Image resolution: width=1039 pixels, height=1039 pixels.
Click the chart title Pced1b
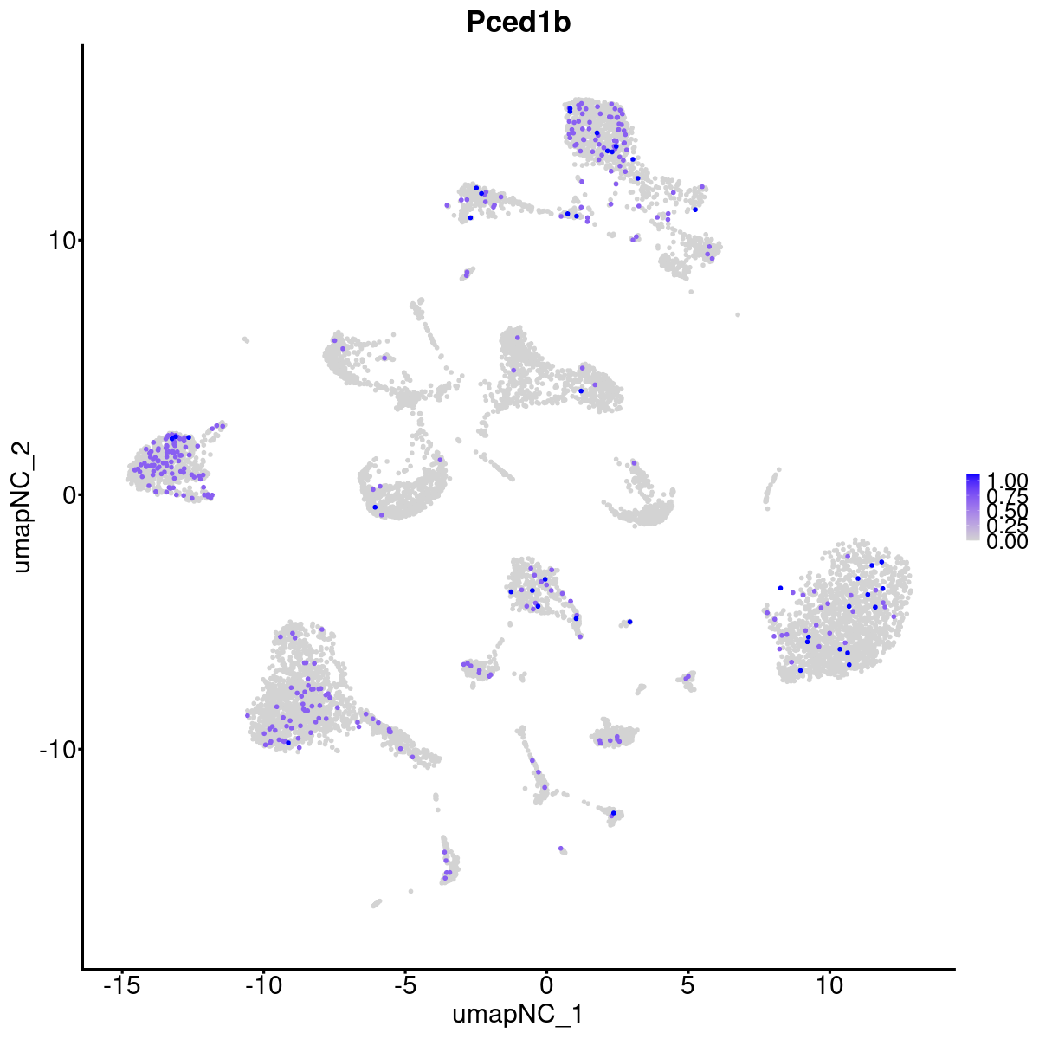tap(518, 23)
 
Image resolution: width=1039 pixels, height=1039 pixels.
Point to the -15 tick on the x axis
tap(121, 985)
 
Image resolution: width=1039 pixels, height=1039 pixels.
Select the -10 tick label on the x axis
tap(263, 985)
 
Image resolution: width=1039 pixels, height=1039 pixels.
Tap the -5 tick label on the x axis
tap(404, 985)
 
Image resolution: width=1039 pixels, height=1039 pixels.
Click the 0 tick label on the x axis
tap(546, 985)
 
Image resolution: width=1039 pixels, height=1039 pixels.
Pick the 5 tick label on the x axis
tap(687, 985)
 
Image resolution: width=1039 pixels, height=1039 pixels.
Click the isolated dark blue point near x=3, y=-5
tap(629, 622)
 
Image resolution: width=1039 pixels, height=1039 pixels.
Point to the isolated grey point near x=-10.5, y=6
tap(246, 340)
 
